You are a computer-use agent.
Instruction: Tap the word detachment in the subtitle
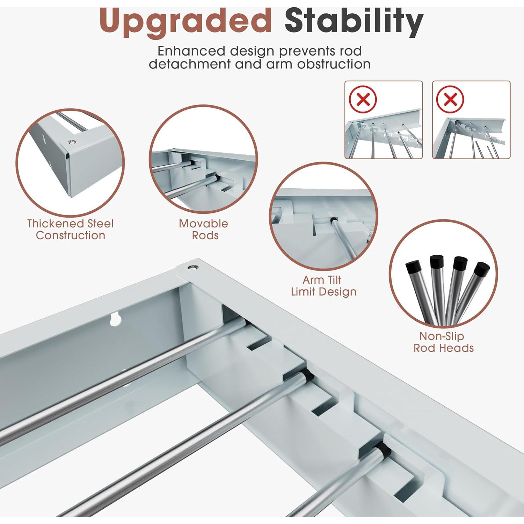coord(190,64)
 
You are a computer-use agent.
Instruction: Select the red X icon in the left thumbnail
coord(363,99)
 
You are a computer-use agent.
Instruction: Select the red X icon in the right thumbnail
coord(450,99)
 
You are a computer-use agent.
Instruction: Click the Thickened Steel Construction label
coord(71,230)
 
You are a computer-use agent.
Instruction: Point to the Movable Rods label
coord(204,230)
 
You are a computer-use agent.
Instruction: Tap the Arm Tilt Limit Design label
coord(323,286)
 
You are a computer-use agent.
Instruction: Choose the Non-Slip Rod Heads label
coord(443,342)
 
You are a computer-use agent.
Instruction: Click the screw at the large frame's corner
coord(192,268)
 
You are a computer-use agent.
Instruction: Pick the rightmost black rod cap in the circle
coord(482,269)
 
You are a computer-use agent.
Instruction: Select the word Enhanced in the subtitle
coord(191,51)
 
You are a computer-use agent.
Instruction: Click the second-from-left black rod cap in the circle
coord(437,262)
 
